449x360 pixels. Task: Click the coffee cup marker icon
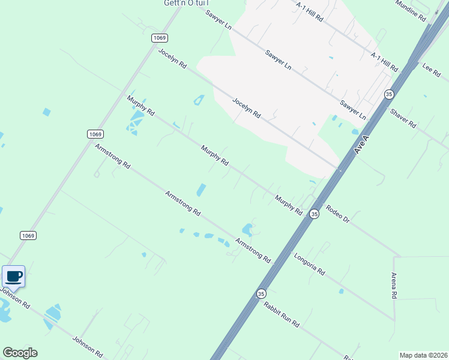coord(14,277)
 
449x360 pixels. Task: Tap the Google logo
coord(20,353)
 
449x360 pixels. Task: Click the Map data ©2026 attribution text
coord(423,355)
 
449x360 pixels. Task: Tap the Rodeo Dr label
coord(337,213)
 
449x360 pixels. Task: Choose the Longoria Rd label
coord(309,263)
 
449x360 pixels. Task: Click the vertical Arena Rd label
coord(394,286)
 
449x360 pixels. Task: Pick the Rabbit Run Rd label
coord(281,313)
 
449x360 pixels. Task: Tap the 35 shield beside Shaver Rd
coord(389,94)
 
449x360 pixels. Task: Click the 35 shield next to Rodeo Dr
coord(314,214)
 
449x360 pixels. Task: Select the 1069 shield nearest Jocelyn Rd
coord(159,38)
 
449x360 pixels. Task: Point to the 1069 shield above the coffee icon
coord(28,235)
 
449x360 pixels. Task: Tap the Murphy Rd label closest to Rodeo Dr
coord(288,204)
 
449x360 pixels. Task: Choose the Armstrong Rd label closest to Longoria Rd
coord(253,250)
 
